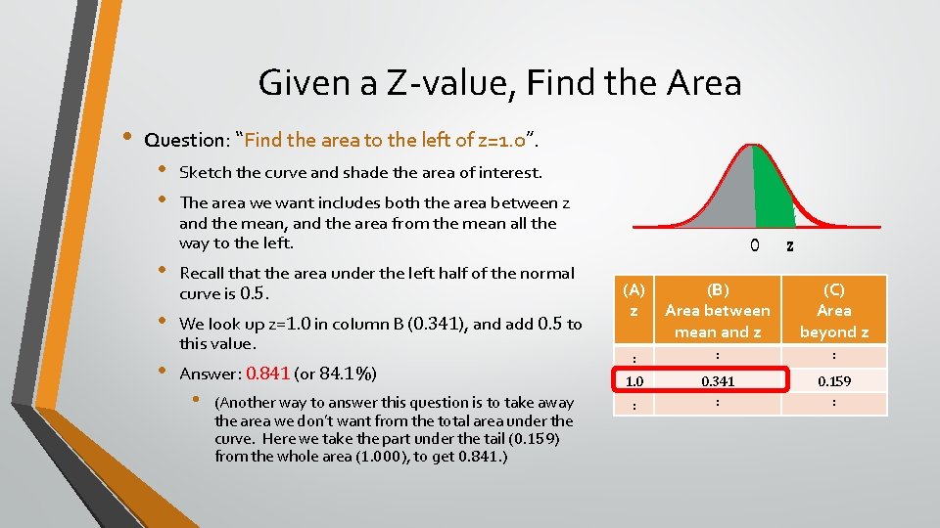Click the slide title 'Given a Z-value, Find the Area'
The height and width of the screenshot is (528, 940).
[x=499, y=83]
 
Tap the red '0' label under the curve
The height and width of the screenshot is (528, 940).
[x=754, y=245]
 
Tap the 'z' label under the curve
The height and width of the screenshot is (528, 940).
[x=790, y=245]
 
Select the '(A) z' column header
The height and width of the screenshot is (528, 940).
[x=634, y=299]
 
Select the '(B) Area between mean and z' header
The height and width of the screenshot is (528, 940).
[x=718, y=310]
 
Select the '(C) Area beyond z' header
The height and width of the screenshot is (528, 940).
[x=833, y=310]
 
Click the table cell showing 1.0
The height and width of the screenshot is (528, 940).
[x=634, y=380]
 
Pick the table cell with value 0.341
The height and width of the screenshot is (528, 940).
[x=718, y=380]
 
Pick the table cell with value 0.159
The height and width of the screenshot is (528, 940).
[x=833, y=380]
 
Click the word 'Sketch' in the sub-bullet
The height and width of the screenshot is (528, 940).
[x=204, y=172]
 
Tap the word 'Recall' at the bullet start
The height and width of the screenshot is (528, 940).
[x=204, y=273]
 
